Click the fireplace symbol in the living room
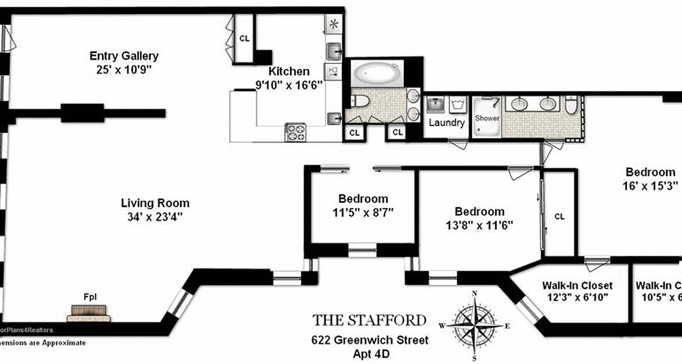[89, 313]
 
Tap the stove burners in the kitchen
[295, 132]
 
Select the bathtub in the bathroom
[377, 73]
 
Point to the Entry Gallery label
[124, 56]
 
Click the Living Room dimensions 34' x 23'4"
[155, 217]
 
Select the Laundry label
[446, 122]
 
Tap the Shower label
[487, 118]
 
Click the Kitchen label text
[289, 71]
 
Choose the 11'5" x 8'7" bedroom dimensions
[363, 212]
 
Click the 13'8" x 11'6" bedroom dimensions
[480, 225]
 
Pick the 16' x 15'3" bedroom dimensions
[650, 186]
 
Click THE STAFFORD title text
[369, 320]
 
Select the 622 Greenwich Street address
[369, 339]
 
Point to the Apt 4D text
[369, 353]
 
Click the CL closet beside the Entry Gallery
[244, 39]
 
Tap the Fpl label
[90, 297]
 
